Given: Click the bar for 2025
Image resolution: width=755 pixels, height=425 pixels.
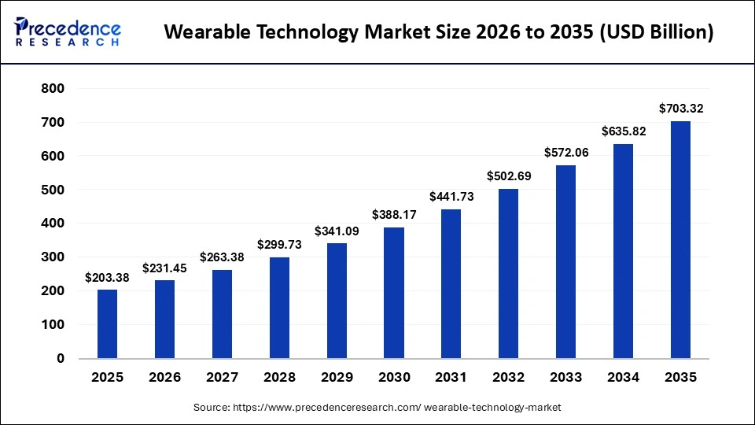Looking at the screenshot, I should pyautogui.click(x=107, y=323).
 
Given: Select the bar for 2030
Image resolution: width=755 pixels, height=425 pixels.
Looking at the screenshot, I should pyautogui.click(x=394, y=293).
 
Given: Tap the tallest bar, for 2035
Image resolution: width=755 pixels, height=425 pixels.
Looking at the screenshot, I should pyautogui.click(x=680, y=239).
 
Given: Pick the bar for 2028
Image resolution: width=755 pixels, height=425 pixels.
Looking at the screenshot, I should pyautogui.click(x=279, y=308).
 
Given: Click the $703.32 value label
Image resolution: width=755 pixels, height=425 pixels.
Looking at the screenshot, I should pyautogui.click(x=680, y=109).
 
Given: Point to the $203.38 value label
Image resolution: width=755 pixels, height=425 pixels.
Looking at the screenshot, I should pyautogui.click(x=107, y=277).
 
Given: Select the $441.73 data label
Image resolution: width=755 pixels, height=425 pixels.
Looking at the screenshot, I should pyautogui.click(x=451, y=197).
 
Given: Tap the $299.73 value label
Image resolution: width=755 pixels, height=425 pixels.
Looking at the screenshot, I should pyautogui.click(x=279, y=245).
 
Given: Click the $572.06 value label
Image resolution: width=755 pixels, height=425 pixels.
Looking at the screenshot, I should pyautogui.click(x=566, y=153).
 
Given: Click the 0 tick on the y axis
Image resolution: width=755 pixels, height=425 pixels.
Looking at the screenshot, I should pyautogui.click(x=61, y=358).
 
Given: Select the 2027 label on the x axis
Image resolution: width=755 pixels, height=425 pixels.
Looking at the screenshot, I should pyautogui.click(x=222, y=377).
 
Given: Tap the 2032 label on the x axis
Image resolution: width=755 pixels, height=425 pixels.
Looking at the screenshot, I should pyautogui.click(x=509, y=377).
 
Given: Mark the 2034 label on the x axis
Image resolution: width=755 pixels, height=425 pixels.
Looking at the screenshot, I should pyautogui.click(x=624, y=377).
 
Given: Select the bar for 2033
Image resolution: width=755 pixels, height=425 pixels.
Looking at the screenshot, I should pyautogui.click(x=566, y=261).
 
